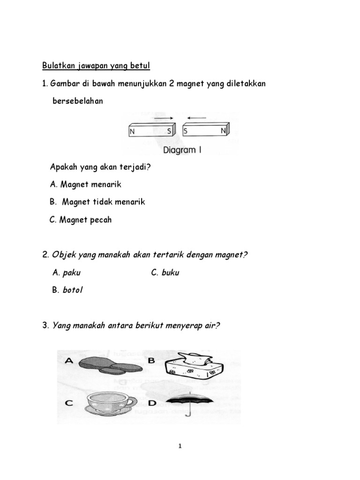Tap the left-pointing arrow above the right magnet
click(198, 118)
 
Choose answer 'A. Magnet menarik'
click(87, 184)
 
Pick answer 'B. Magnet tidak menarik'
click(97, 202)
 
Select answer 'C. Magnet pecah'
click(81, 220)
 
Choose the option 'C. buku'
click(165, 273)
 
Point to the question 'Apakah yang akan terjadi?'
click(100, 167)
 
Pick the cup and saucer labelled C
click(110, 404)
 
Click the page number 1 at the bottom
click(180, 446)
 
